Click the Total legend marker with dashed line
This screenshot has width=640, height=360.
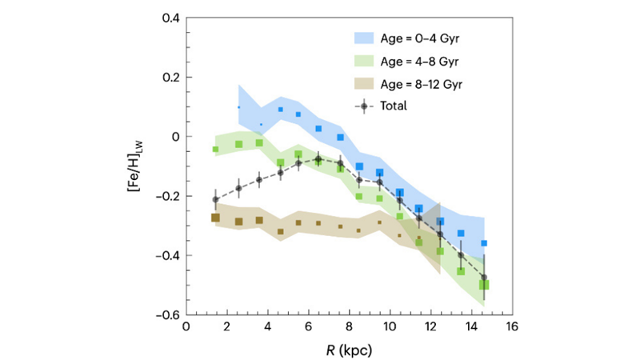point(365,106)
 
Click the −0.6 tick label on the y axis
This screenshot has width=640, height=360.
point(167,314)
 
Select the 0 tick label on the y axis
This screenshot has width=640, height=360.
point(175,136)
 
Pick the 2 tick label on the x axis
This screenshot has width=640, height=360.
point(227,327)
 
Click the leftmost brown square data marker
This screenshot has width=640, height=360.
point(215,218)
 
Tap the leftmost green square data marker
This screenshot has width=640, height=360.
point(215,150)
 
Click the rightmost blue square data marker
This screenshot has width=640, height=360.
point(484,243)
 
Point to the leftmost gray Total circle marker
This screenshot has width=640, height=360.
point(215,199)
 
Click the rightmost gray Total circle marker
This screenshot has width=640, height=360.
point(484,277)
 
